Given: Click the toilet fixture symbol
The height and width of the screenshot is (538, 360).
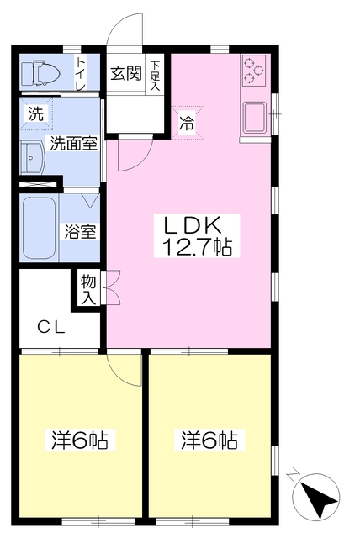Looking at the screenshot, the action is tap(40, 73).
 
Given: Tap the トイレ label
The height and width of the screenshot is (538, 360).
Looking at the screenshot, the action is tap(81, 73).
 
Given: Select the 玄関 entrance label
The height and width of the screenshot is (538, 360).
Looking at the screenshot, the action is tap(126, 73).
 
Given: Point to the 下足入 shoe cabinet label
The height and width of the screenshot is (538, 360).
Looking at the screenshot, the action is tap(155, 76).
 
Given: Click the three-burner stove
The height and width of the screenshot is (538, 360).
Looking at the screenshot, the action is tap(254, 71).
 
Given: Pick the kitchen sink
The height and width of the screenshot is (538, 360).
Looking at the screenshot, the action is tap(254, 117).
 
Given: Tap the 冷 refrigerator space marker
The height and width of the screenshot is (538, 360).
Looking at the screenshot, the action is tap(188, 123).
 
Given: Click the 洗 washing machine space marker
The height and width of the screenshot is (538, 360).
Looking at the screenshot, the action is tap(36, 113).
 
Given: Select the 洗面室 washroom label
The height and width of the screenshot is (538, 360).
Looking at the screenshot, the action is tap(73, 144).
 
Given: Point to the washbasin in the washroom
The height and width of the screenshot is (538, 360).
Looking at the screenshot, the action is tap(32, 159).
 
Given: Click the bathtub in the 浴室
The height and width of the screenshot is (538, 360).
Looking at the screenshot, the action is tap(40, 228).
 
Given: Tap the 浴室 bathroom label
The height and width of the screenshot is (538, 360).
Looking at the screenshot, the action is tap(80, 232).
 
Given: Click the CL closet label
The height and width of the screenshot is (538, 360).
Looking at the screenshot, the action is tap(51, 327).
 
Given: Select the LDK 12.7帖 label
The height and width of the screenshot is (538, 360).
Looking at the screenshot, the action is tap(197, 235).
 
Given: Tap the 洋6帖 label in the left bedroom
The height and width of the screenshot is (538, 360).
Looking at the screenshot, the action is tap(80, 440).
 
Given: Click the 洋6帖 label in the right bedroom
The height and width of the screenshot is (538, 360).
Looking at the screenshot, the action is tap(209, 440).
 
